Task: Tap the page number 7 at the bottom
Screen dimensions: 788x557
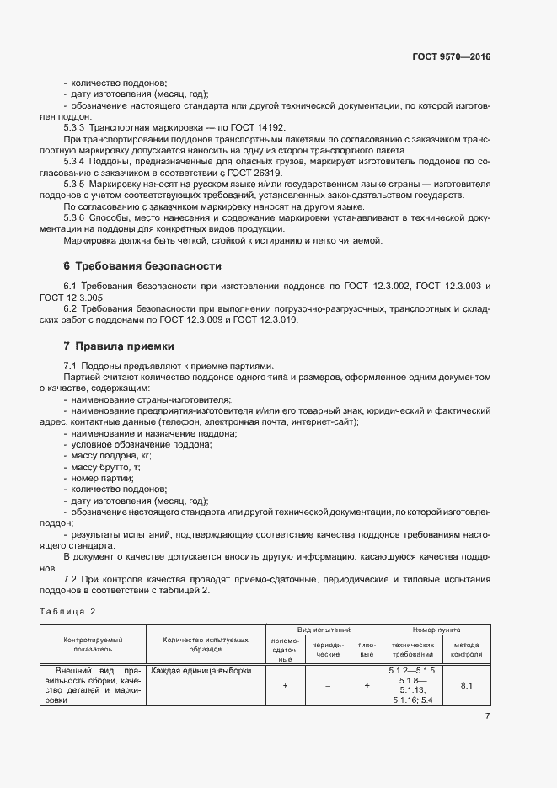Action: (488, 716)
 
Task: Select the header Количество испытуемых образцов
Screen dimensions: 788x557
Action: (206, 646)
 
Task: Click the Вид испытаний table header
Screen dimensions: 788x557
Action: (324, 630)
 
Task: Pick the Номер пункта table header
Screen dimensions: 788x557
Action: (436, 630)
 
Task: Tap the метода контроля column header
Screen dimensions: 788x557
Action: (466, 648)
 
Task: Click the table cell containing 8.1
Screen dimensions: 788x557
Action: (466, 686)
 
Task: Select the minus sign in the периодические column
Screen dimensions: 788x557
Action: (328, 686)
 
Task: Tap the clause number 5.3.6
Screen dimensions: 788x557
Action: (74, 217)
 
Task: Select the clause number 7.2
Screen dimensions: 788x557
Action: (70, 580)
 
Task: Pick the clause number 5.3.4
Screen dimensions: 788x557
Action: (74, 161)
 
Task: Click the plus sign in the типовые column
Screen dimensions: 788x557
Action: (367, 686)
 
